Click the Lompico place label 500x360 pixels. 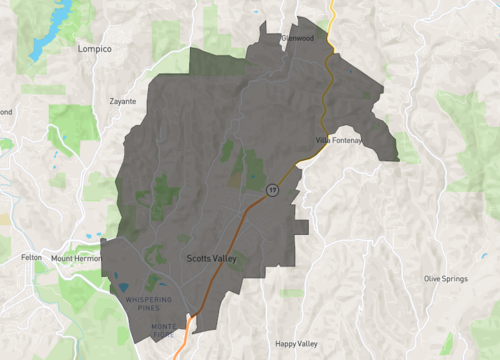coord(95,48)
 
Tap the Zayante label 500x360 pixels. coord(123,101)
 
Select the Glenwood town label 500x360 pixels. coord(298,38)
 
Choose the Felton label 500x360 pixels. coord(31,258)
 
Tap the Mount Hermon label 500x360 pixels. coord(76,258)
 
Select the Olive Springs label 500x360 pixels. coord(445,278)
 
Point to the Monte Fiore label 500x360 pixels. coord(164,330)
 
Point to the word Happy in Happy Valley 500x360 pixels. coord(287,343)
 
